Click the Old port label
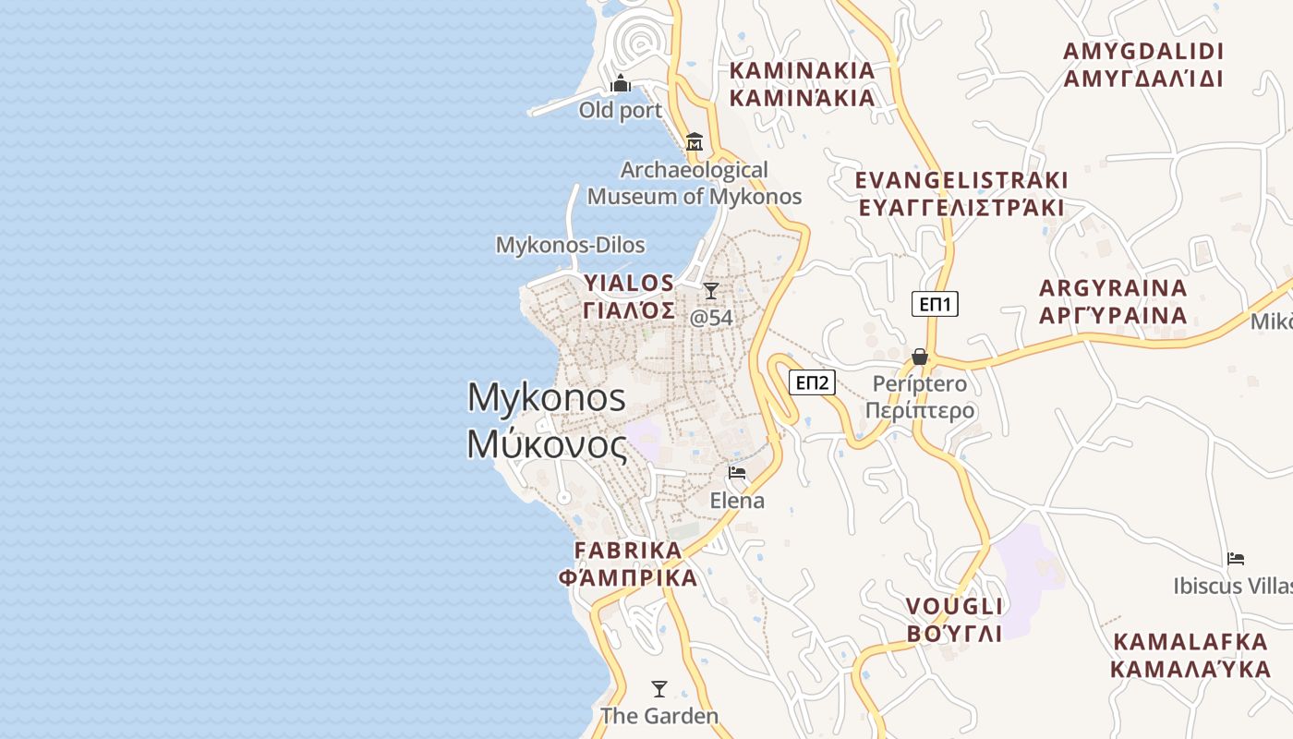click(x=620, y=111)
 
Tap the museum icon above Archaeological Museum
click(x=695, y=142)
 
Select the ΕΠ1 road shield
click(x=935, y=304)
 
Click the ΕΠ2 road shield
click(x=812, y=382)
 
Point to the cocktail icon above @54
click(x=710, y=291)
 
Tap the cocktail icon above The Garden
click(x=659, y=689)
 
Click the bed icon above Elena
click(x=737, y=473)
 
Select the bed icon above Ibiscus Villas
click(x=1236, y=559)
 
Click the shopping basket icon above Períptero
click(x=920, y=357)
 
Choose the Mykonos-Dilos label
click(x=570, y=245)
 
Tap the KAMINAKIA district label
click(x=802, y=84)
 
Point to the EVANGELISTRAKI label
click(x=961, y=193)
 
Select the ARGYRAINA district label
click(x=1113, y=302)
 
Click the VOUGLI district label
click(x=954, y=620)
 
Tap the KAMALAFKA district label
click(x=1190, y=655)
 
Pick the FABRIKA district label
click(x=628, y=564)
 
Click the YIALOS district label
click(x=629, y=296)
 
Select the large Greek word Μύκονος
click(x=547, y=444)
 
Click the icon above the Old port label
click(x=621, y=85)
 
